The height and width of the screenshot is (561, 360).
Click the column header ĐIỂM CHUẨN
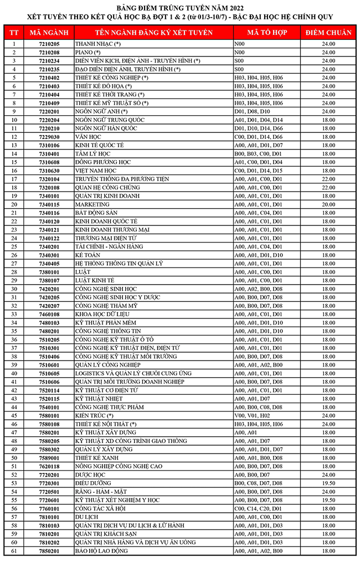click(x=328, y=33)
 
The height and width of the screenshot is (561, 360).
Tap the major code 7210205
click(x=49, y=43)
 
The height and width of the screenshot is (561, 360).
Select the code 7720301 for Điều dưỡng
click(x=49, y=483)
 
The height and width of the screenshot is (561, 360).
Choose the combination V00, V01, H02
click(x=252, y=415)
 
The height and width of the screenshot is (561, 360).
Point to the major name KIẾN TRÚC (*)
click(x=94, y=415)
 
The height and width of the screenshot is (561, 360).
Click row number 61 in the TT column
click(x=14, y=551)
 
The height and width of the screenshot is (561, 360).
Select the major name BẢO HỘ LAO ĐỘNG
click(x=101, y=551)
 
